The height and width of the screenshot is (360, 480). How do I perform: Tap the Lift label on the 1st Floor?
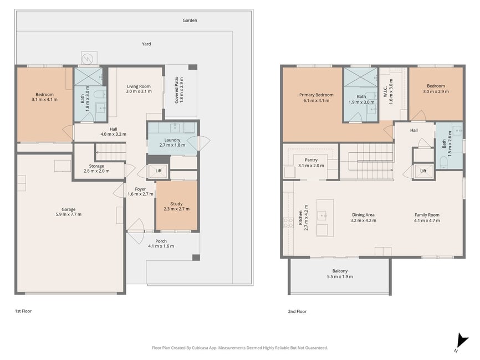coord(159,171)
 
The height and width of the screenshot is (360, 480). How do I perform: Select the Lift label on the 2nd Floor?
coord(423,171)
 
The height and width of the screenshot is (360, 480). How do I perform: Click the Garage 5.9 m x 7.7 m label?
coord(68,212)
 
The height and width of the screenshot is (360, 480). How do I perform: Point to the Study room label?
coord(177,207)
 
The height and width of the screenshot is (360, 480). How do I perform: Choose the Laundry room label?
coord(172,142)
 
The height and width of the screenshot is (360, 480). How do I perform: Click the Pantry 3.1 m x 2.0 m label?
coord(311,163)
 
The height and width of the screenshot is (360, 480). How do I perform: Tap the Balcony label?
coord(340,274)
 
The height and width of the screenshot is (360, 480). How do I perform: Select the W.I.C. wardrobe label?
coord(388,91)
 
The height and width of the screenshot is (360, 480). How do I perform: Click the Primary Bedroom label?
coord(316,97)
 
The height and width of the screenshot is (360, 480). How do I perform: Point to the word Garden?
coord(190,20)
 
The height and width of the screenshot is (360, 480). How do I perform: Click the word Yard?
coord(146,44)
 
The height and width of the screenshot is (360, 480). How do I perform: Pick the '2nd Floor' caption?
coord(297,311)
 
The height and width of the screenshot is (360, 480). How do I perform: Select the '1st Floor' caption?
coord(23,311)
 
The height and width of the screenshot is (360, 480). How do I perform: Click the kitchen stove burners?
coord(288,223)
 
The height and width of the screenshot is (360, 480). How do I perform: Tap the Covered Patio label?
coord(179,90)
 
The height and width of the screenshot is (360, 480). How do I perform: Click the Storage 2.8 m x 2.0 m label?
coord(96,168)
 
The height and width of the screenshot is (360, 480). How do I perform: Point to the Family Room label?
coord(427,218)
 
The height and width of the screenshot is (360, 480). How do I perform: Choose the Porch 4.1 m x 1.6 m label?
coord(161,244)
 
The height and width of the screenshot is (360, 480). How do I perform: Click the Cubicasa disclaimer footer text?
coord(239,348)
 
